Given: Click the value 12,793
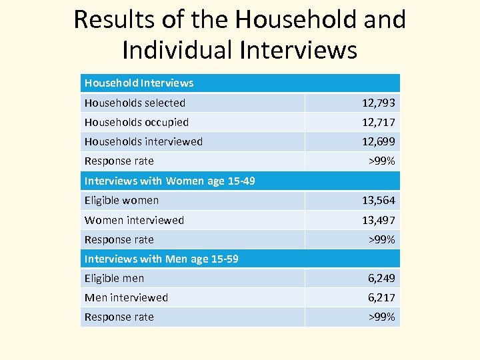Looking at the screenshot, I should (378, 103).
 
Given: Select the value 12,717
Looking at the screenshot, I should (378, 122).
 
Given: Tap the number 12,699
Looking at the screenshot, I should (378, 141).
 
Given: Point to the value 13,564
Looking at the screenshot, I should (378, 200).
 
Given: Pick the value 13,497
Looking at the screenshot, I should (378, 220).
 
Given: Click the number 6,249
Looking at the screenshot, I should (381, 278).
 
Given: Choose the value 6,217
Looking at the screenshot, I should (381, 297).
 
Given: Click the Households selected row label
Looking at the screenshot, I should (135, 103).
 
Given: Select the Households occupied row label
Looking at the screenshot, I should (137, 122).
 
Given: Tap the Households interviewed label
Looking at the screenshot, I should (143, 141).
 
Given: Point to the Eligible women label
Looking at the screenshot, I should (121, 200).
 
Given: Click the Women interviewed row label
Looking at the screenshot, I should (134, 220).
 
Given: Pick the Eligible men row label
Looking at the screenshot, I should (114, 278).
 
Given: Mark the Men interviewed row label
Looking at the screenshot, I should (126, 297).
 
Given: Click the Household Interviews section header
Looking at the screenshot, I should (139, 83).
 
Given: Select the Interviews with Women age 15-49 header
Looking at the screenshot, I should (169, 181).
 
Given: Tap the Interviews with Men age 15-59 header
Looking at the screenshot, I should (161, 259).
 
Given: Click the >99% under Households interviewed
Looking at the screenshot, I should (382, 161).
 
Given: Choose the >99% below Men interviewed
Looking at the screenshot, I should (382, 317).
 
